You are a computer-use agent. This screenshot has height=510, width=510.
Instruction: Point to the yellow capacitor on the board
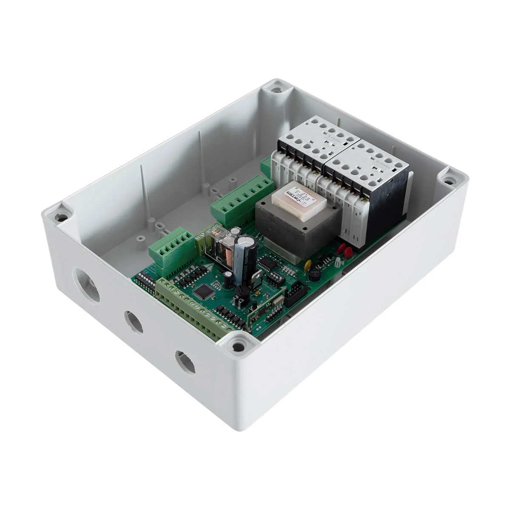[308, 265]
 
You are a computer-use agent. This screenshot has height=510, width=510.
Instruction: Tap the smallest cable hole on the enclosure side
[185, 362]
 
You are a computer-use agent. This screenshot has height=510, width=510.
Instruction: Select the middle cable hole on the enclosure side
[134, 322]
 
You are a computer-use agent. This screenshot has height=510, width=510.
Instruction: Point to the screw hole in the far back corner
[276, 90]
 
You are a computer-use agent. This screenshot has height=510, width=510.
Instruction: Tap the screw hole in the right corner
[448, 181]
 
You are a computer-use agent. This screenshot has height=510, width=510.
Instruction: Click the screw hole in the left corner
[61, 217]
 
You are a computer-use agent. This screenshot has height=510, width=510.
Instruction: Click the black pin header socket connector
[295, 294]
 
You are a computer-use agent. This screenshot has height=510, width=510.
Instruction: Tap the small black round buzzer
[315, 275]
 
